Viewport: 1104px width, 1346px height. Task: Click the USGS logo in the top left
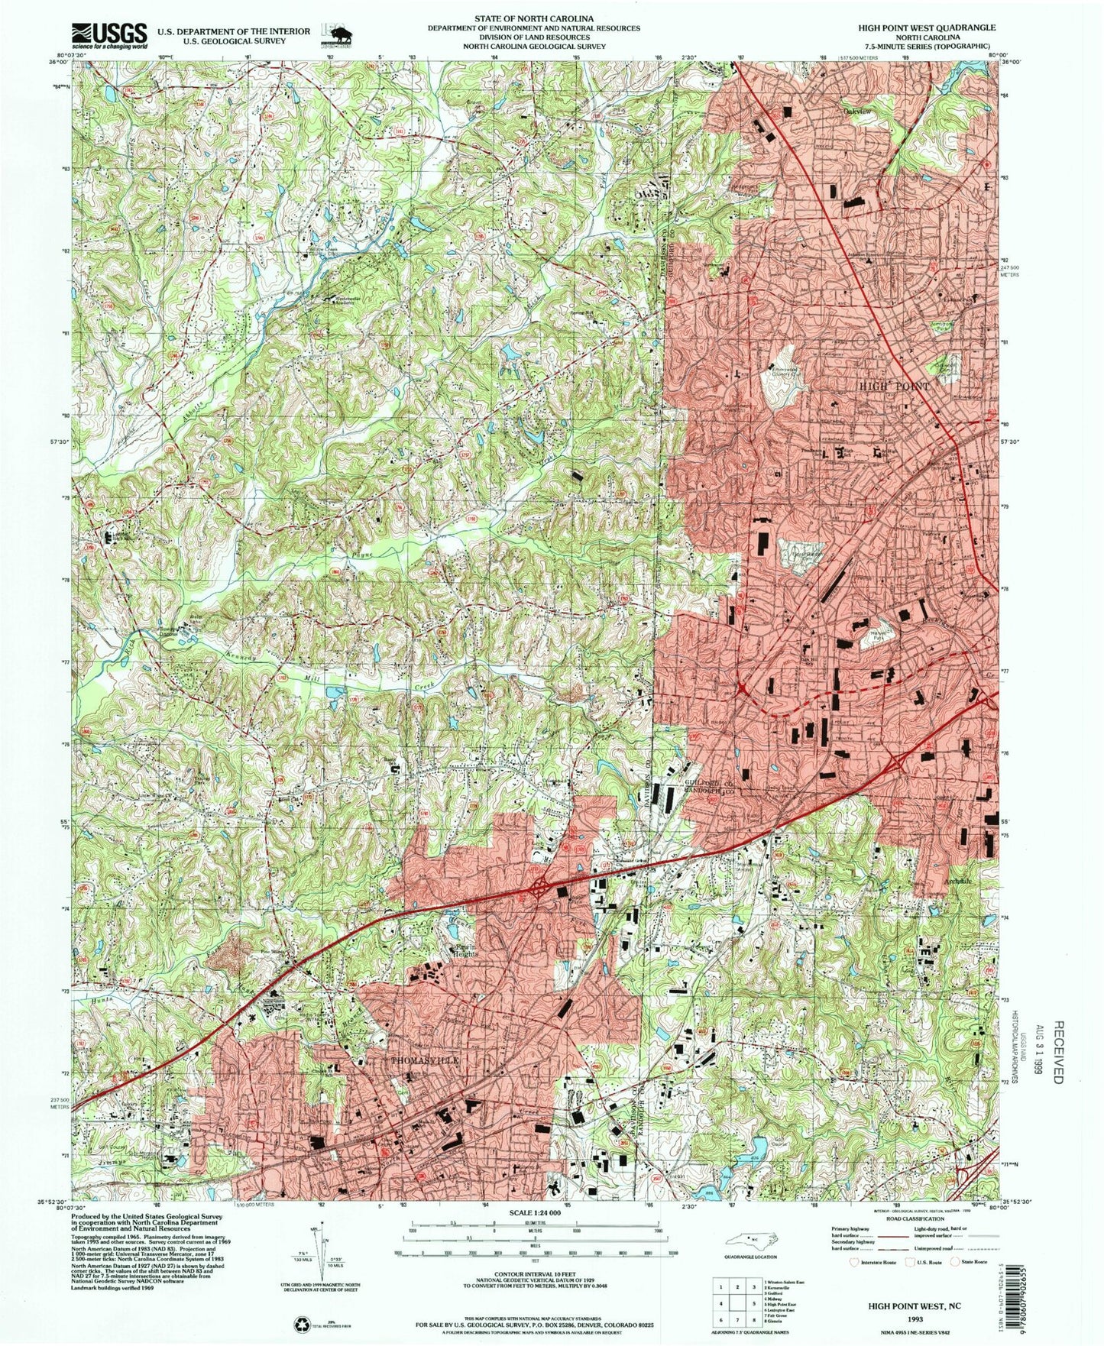pos(109,34)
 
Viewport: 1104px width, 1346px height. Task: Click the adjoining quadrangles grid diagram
pos(737,1299)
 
